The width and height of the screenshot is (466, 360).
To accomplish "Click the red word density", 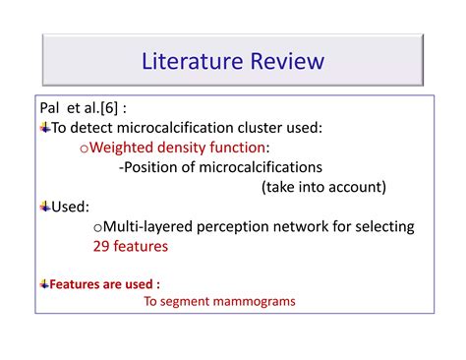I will pos(194,147).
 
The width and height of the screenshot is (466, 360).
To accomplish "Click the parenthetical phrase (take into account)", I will pos(323,187).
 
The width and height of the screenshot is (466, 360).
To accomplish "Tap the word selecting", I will pos(384,226).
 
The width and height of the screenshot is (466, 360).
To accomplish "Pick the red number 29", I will pos(102,247).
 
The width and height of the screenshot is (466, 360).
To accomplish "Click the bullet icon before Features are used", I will pos(44,283).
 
